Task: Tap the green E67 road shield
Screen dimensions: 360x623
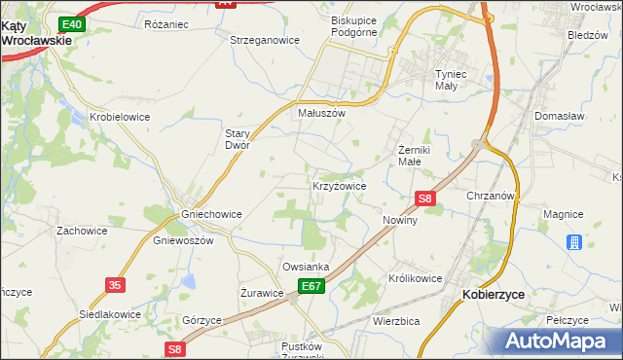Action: point(311,285)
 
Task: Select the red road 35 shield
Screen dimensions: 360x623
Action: point(116,284)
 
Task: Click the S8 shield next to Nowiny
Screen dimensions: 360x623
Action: point(424,198)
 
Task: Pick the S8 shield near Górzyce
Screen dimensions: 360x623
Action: point(174,348)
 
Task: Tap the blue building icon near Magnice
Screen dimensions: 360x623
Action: point(574,241)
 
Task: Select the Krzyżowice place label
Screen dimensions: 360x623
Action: point(339,185)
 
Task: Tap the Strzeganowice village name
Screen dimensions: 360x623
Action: point(264,40)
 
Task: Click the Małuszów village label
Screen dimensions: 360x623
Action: point(322,113)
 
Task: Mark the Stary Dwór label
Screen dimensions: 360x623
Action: point(238,138)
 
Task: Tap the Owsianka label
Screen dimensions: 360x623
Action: point(306,266)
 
